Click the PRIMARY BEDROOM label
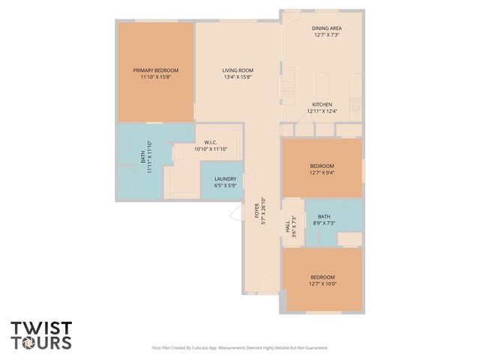point(155,70)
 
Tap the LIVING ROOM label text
point(237,70)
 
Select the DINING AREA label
point(326,28)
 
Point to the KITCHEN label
point(322,104)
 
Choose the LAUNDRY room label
point(225,178)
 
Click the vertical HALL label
point(287,223)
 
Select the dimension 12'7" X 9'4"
point(322,172)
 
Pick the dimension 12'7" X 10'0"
point(322,283)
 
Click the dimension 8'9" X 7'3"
point(323,223)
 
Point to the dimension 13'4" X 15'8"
point(237,76)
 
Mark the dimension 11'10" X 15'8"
point(155,76)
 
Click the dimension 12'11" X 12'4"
point(322,111)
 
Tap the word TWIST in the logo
point(41,328)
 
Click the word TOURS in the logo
point(41,343)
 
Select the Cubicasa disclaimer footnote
point(240,348)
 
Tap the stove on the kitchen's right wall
point(356,104)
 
